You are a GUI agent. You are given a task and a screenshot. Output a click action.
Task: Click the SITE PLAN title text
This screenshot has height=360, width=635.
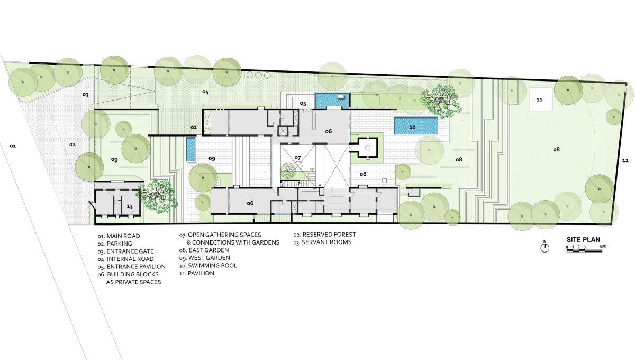(583, 240)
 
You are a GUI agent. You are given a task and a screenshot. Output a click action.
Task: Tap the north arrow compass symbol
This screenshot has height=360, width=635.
(545, 247)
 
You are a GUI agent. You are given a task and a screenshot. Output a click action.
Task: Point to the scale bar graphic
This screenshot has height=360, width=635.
(584, 250)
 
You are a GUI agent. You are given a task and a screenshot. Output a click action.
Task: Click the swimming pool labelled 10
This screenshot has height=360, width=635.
(415, 125)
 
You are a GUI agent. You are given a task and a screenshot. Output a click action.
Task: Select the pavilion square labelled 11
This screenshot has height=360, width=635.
(541, 100)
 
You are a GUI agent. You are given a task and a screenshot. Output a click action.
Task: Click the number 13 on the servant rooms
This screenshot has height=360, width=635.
(130, 206)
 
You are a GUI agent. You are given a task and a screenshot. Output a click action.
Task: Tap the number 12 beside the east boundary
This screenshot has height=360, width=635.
(625, 160)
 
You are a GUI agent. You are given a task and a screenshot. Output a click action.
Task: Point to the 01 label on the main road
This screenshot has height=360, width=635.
(13, 146)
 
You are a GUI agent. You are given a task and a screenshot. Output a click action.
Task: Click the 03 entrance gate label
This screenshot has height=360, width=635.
(85, 95)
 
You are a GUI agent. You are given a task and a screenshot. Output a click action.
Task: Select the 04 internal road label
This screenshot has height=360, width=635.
(205, 92)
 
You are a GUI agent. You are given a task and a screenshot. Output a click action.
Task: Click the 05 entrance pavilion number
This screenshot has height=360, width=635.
(303, 103)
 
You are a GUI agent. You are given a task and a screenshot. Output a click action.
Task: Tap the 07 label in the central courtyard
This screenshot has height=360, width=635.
(297, 157)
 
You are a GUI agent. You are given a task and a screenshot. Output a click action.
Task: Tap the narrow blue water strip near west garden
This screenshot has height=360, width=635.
(190, 149)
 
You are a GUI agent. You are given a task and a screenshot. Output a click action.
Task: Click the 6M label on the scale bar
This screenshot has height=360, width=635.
(603, 246)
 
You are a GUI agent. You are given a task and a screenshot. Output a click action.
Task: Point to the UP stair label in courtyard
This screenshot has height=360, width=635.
(312, 169)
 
